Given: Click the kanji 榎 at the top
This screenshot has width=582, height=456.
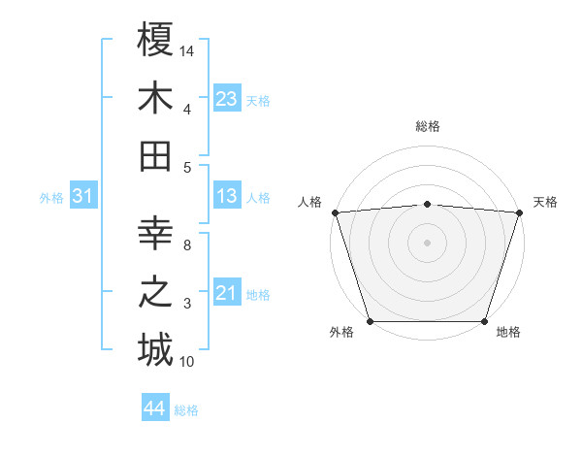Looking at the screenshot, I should click(155, 40).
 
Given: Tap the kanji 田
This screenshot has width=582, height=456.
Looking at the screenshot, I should click(155, 156).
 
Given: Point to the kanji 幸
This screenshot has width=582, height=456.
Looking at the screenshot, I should click(155, 233).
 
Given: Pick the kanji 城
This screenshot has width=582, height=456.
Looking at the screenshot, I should click(155, 349).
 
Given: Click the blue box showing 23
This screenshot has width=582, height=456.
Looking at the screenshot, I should click(227, 98).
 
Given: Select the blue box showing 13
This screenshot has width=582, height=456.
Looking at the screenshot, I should click(227, 197).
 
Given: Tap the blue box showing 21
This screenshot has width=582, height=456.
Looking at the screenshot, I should click(227, 293).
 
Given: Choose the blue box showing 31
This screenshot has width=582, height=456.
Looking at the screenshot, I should click(83, 197).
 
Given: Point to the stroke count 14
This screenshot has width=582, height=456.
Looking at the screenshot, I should click(187, 49).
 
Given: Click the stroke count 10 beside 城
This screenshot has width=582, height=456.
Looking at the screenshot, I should click(187, 362).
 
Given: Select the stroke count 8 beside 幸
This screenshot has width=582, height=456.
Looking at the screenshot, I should click(187, 245).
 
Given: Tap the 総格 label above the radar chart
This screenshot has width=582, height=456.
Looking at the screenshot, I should click(428, 126).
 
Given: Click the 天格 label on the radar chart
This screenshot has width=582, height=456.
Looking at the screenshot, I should click(545, 202).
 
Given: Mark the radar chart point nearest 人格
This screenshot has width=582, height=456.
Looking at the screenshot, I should click(335, 212).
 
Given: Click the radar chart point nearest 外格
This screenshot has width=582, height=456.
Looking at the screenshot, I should click(371, 321).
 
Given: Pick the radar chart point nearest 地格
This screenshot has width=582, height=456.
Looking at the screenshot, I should click(484, 321).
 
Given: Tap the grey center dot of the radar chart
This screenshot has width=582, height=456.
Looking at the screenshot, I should click(427, 243).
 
